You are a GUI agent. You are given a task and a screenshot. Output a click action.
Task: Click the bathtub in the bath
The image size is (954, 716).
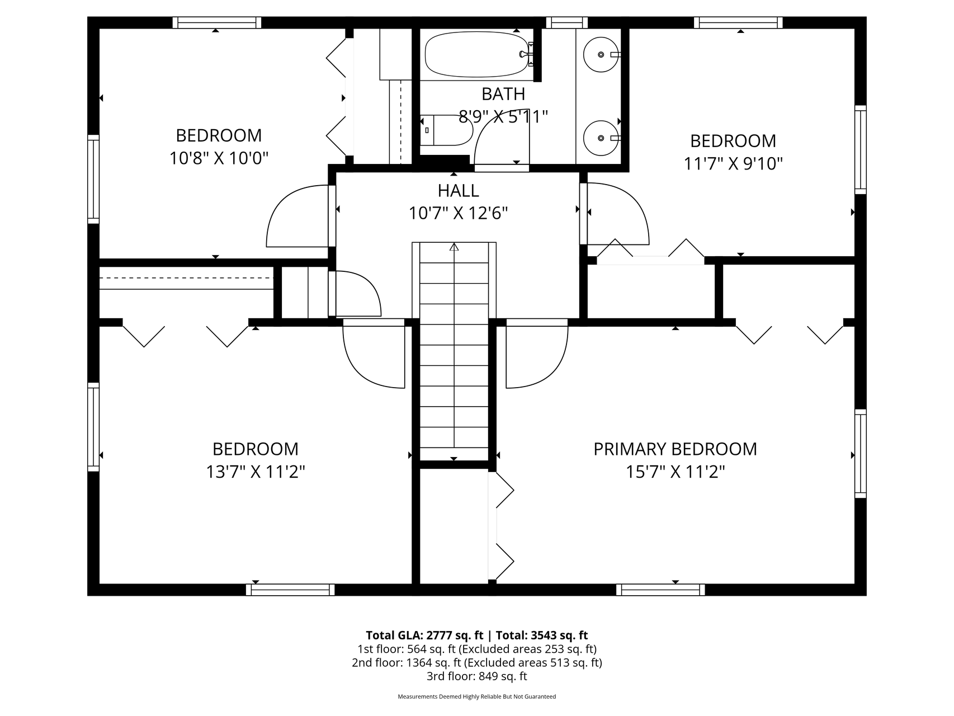click(x=476, y=54)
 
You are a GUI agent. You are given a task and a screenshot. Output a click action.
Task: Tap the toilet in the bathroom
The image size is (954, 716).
click(x=446, y=130)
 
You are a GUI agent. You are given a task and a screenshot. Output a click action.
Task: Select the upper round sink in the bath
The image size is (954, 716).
click(x=602, y=54)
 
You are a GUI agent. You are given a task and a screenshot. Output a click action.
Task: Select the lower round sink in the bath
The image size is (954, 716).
click(x=602, y=138)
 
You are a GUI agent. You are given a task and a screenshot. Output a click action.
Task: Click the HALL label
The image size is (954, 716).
click(x=459, y=191)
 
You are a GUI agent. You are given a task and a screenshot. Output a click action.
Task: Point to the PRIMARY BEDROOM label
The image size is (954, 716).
click(x=675, y=449)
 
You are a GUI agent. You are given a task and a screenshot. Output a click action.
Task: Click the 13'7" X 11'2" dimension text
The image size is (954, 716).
click(x=256, y=472)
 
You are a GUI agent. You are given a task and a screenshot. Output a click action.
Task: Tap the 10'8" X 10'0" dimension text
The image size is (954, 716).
click(x=219, y=158)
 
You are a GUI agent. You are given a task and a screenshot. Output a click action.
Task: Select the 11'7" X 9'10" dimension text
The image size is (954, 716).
click(x=733, y=163)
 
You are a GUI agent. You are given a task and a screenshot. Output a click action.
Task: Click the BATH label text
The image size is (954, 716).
click(x=503, y=94)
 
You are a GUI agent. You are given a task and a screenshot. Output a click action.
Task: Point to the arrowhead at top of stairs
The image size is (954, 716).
click(x=454, y=246)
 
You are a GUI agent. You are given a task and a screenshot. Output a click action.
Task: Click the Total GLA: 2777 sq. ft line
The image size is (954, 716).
click(x=424, y=635)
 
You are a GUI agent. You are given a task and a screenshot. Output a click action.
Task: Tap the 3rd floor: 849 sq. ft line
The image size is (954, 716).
click(x=477, y=676)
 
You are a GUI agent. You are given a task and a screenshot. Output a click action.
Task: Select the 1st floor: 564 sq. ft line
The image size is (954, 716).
click(x=477, y=649)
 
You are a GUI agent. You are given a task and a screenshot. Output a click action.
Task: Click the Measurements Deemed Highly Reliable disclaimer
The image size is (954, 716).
click(x=477, y=696)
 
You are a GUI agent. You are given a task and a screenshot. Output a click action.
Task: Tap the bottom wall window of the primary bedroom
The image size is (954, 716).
click(x=660, y=590)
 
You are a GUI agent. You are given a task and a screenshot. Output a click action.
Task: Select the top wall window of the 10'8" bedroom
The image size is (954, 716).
click(x=216, y=22)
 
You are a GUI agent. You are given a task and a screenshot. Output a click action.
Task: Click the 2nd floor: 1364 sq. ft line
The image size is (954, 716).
click(x=477, y=662)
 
